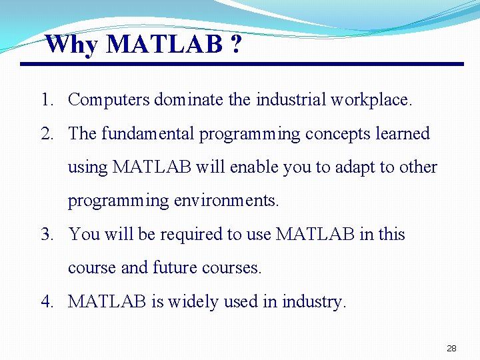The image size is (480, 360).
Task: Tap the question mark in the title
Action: click(x=237, y=45)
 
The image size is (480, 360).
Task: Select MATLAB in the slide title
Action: click(x=164, y=45)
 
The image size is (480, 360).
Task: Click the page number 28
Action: click(x=451, y=349)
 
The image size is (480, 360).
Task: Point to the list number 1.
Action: click(x=46, y=100)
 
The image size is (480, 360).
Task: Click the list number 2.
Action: click(x=46, y=134)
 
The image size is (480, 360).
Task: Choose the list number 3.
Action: click(x=46, y=235)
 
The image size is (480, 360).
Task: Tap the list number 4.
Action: click(x=46, y=302)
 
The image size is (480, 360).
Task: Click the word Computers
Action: click(x=109, y=100)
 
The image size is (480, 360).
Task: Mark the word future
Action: click(x=175, y=268)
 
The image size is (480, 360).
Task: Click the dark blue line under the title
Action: click(x=241, y=64)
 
